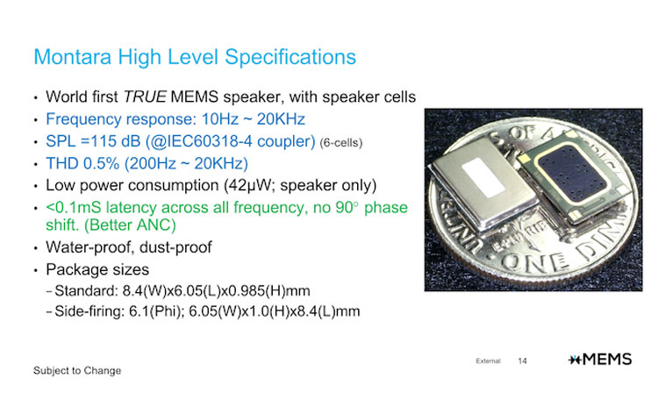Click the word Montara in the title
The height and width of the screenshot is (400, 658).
point(71,57)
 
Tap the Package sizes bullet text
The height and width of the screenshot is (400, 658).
point(101,270)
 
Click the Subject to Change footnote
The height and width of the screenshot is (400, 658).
point(77,371)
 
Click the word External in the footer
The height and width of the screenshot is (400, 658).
point(489,361)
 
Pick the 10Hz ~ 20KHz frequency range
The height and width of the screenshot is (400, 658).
point(232,119)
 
